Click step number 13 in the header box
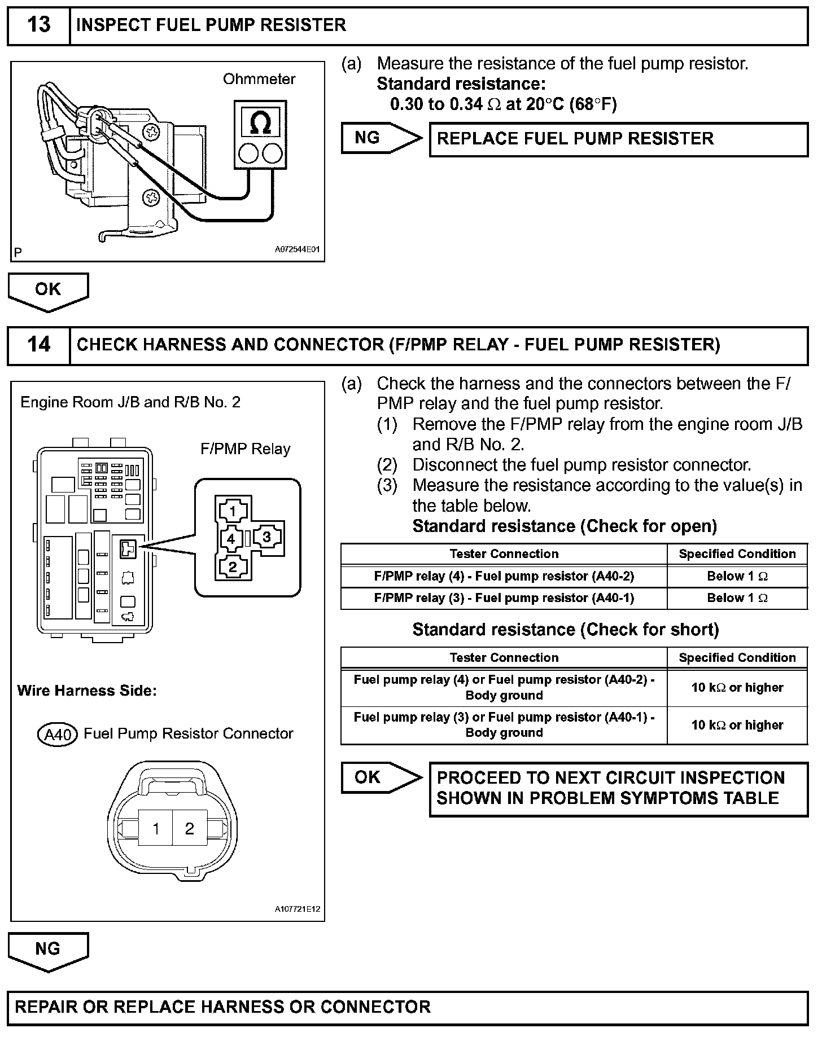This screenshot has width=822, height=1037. [x=38, y=25]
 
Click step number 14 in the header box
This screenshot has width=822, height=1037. [x=38, y=344]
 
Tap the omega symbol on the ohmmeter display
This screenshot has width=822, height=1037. [x=260, y=122]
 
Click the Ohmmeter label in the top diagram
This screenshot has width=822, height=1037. [x=259, y=79]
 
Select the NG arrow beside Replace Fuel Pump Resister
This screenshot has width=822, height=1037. [x=381, y=138]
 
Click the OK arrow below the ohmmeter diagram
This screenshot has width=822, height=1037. [x=48, y=290]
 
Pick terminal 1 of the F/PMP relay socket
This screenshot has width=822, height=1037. [x=232, y=511]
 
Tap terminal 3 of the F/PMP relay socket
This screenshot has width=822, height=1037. [x=266, y=537]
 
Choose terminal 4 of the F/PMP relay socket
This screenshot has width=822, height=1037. [x=231, y=539]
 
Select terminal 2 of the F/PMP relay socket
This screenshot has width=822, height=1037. [x=232, y=566]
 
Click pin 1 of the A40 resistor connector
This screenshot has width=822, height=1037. [x=156, y=828]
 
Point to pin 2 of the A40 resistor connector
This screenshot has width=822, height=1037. [x=189, y=828]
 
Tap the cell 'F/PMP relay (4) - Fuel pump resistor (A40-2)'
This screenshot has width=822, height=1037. [x=504, y=576]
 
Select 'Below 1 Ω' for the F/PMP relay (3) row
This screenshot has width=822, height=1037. [x=737, y=598]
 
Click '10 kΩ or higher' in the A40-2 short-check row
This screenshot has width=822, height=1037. [x=737, y=688]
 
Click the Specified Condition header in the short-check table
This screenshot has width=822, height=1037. [x=737, y=658]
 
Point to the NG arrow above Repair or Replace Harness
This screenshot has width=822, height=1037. [x=48, y=950]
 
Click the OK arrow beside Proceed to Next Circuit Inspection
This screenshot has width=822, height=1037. [x=381, y=777]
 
